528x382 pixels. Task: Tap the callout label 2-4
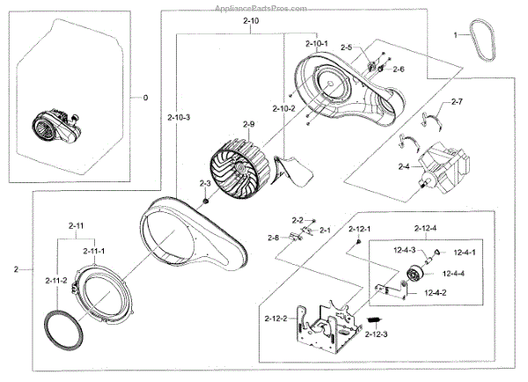(x=403, y=165)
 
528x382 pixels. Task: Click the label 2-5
(x=346, y=48)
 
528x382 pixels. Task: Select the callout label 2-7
(x=457, y=104)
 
